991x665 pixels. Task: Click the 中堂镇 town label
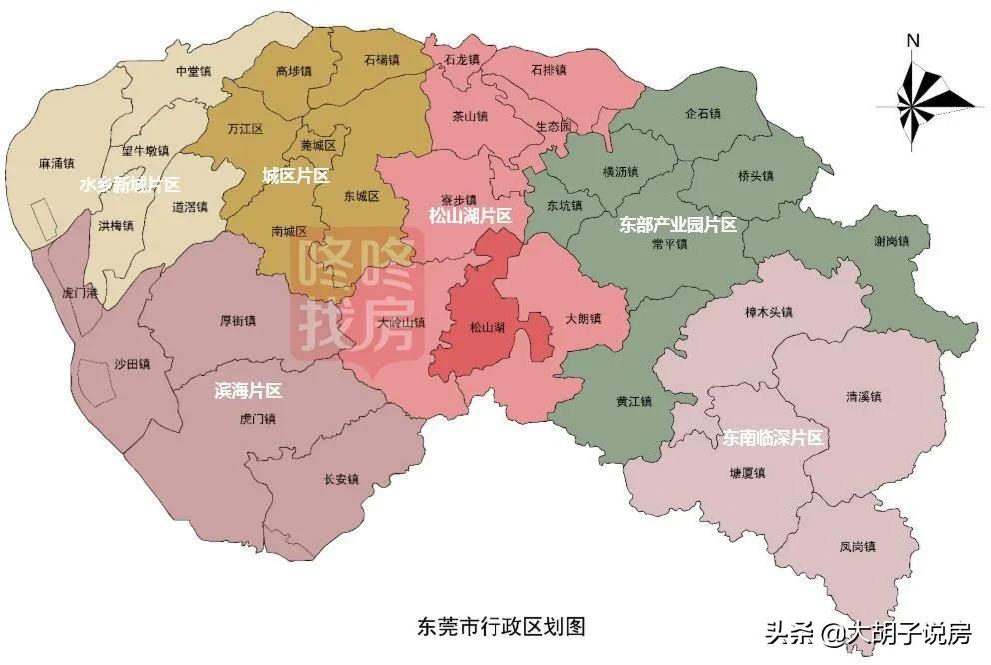click(x=193, y=72)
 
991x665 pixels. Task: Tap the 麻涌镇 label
click(x=57, y=162)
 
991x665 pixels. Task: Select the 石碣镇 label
click(x=382, y=61)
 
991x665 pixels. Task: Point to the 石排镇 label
click(x=548, y=70)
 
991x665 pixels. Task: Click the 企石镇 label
click(x=703, y=114)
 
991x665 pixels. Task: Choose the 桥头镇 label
click(x=756, y=176)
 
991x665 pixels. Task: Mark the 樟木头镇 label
click(x=769, y=312)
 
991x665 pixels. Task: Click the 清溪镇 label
click(x=864, y=397)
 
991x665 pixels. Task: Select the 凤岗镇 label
click(x=857, y=547)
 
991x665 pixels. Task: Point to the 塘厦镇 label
click(x=746, y=473)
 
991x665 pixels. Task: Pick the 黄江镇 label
click(x=633, y=402)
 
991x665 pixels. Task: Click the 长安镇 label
click(x=341, y=479)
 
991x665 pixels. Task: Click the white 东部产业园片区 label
click(x=678, y=225)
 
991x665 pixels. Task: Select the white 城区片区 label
click(x=296, y=176)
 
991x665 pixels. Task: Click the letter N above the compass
click(x=912, y=41)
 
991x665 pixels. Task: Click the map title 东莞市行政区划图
click(x=500, y=627)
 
